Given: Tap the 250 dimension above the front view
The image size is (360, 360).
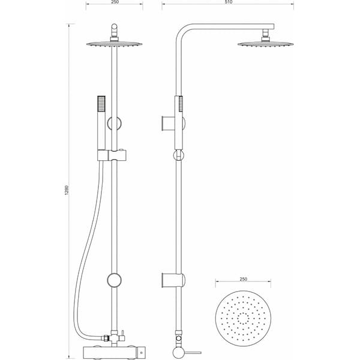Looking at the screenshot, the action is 115,3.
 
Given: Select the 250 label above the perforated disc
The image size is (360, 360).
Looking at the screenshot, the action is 243,278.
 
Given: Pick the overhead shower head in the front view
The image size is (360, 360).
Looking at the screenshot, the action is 115,42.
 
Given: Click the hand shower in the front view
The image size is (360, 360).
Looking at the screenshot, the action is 101,120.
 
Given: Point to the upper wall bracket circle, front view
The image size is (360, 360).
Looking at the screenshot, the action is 115,124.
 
